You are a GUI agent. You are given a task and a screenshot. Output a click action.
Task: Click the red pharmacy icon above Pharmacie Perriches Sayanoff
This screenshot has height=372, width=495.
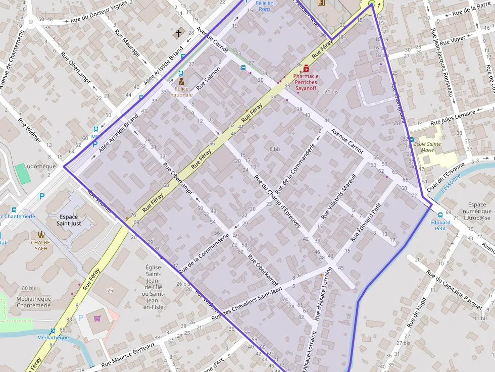coord(306,67)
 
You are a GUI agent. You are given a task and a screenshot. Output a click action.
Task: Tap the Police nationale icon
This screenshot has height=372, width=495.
coord(181,81)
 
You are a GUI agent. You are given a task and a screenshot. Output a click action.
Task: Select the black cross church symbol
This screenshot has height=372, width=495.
coord(178,34)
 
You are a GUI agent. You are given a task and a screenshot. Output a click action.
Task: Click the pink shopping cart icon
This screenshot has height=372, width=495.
coord(97,318)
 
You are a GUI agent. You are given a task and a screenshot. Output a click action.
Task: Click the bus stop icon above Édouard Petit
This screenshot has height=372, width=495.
coord(440,215)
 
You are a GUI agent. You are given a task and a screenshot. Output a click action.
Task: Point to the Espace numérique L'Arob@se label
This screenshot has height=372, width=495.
coord(476,211)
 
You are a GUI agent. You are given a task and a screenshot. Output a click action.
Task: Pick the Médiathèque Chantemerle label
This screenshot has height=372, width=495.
coord(34,302)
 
